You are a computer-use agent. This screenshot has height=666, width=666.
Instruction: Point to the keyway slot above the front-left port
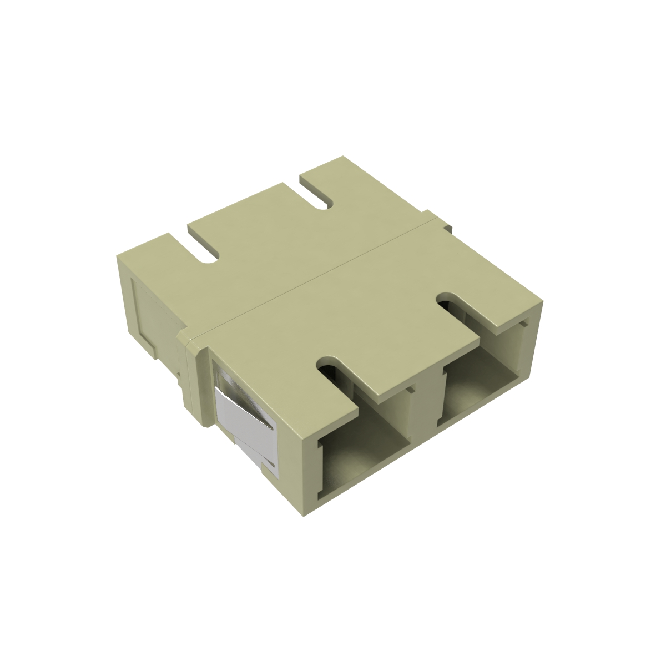click(x=333, y=369)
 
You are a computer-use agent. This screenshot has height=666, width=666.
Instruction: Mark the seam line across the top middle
click(x=311, y=280)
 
